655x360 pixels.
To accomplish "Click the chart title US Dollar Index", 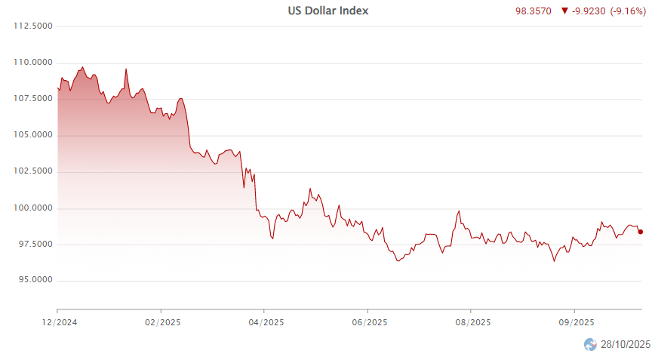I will click(328, 11).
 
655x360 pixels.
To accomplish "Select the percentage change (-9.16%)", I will click(628, 12).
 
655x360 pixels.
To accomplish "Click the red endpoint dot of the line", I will click(641, 232).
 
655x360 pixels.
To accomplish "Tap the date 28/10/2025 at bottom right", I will click(625, 345).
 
